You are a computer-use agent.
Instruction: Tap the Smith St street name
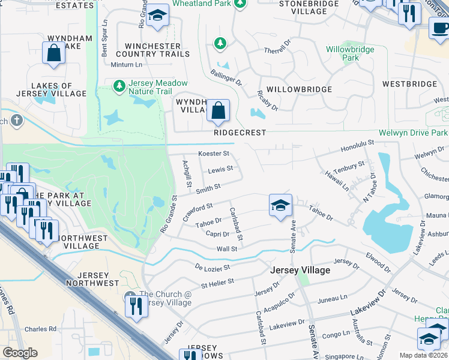click(x=208, y=188)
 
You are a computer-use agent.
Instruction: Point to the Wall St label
click(x=227, y=248)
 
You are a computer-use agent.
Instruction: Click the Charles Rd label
click(x=40, y=329)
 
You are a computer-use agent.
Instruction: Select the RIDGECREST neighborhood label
click(x=240, y=133)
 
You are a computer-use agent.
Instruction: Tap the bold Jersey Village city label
click(x=300, y=271)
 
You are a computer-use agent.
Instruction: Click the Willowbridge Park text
click(x=350, y=53)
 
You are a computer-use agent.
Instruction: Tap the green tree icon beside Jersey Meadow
click(x=119, y=86)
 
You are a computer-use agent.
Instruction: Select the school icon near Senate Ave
click(x=280, y=206)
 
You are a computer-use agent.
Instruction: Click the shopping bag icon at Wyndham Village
click(x=218, y=110)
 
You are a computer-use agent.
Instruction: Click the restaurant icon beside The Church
click(x=133, y=306)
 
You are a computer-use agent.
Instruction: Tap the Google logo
click(x=20, y=353)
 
